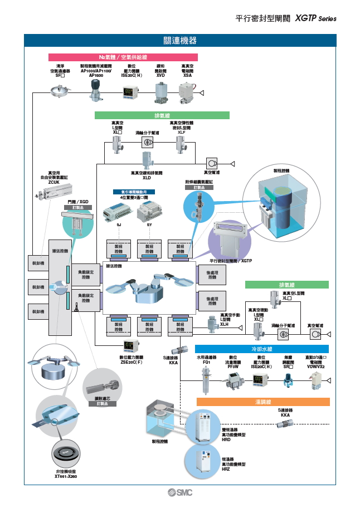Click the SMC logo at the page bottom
[180, 492]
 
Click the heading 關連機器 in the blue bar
[180, 41]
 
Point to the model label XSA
[188, 76]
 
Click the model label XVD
[160, 76]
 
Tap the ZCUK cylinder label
[54, 182]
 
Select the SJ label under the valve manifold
[119, 224]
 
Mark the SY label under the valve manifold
[149, 224]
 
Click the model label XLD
[147, 178]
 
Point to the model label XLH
[225, 324]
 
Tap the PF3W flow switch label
[233, 367]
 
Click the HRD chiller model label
[226, 440]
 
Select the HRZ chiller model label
[226, 470]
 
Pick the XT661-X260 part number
[66, 477]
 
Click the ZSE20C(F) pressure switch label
[132, 362]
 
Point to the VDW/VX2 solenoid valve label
[315, 367]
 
